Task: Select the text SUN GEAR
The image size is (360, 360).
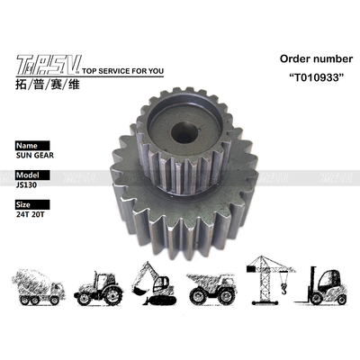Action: (34, 155)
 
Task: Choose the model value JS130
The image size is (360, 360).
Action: (30, 185)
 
